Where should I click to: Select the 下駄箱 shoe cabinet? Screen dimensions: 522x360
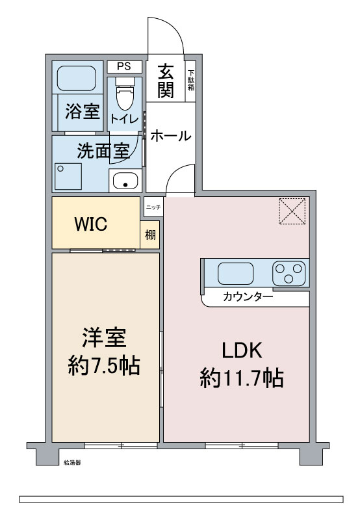click(x=191, y=81)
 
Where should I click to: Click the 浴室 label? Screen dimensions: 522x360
click(x=83, y=111)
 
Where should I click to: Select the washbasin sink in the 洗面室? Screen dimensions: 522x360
click(x=125, y=182)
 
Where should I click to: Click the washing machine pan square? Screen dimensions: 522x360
click(x=68, y=176)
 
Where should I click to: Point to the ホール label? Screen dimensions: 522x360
click(x=171, y=136)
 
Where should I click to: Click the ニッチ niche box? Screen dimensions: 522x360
click(x=153, y=207)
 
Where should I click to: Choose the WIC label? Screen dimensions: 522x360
click(x=95, y=224)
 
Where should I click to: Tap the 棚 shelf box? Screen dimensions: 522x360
click(x=150, y=235)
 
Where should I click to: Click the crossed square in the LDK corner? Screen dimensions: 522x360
click(x=292, y=210)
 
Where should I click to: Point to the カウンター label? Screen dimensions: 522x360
click(x=248, y=297)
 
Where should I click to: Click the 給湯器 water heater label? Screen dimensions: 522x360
click(x=72, y=463)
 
